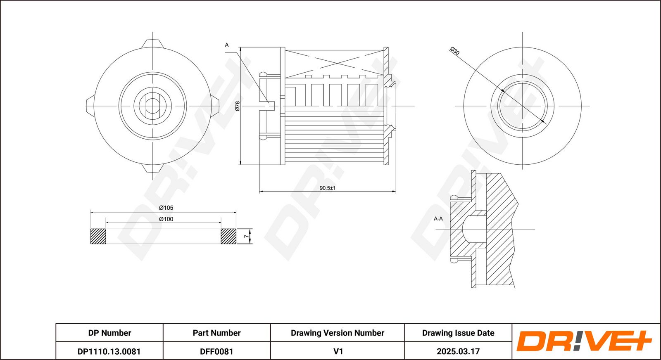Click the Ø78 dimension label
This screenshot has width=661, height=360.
point(238,106)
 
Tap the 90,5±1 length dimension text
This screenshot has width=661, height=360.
point(327,188)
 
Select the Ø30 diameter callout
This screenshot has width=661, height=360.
point(454,51)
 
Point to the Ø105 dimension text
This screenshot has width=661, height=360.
point(166,208)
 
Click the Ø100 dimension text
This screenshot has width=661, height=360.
point(166,219)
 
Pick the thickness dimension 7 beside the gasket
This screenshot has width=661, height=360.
point(246,236)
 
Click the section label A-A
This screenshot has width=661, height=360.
point(438,218)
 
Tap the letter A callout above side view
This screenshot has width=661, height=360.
point(226,45)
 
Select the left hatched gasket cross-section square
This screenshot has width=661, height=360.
point(98,236)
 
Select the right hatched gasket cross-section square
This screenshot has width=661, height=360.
point(228,236)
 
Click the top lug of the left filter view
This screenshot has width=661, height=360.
point(153,43)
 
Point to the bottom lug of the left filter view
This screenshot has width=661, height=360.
point(153,168)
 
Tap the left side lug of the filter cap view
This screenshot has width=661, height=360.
point(90,106)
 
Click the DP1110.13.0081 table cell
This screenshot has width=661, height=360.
point(109,351)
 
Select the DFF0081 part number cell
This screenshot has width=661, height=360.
point(216,351)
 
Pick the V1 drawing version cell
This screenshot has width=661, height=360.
point(338,351)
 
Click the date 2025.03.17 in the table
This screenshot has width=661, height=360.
point(458,351)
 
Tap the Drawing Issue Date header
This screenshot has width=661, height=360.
point(458,333)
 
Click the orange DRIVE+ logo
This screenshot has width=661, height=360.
point(584,341)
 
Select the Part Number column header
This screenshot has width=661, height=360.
point(216,333)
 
